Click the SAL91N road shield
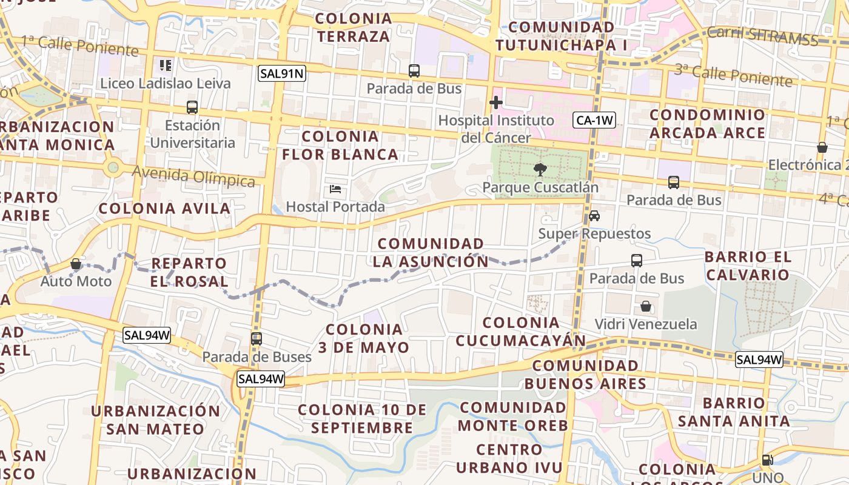[281, 74]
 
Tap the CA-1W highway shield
[594, 120]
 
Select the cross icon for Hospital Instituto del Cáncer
[496, 102]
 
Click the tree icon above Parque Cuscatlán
[539, 170]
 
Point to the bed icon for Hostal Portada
[335, 189]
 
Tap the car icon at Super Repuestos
[594, 216]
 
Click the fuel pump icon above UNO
[767, 460]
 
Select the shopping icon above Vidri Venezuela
[646, 306]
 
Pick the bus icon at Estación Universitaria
[192, 107]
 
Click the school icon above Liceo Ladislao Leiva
[166, 65]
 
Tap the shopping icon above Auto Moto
[76, 264]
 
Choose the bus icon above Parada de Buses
[257, 339]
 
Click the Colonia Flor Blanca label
[340, 145]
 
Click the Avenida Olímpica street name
[193, 177]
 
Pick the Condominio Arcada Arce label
[708, 124]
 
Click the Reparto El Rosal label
[189, 272]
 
